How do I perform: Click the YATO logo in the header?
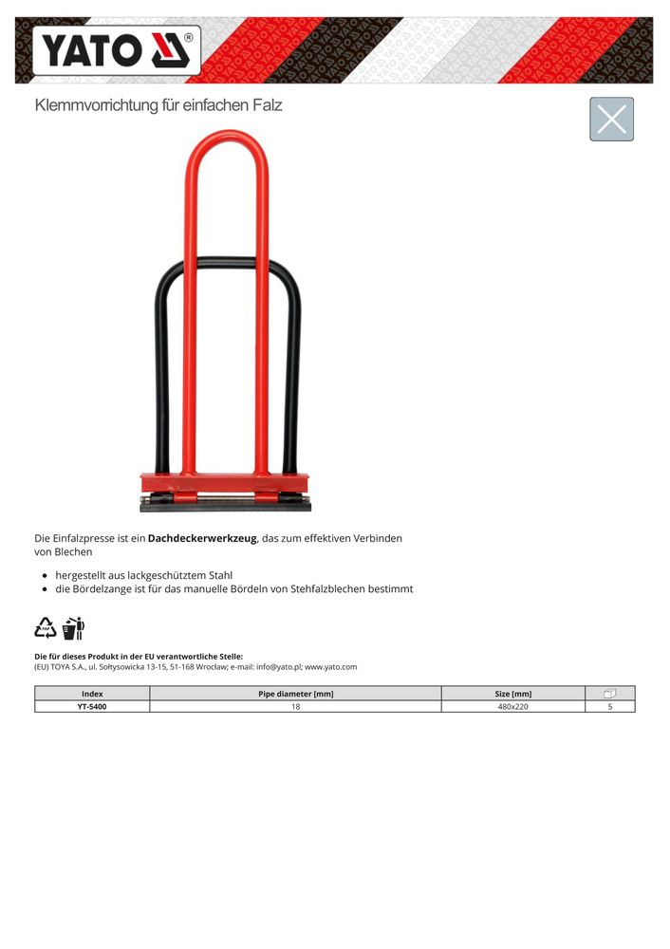[117, 49]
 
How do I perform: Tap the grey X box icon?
[611, 119]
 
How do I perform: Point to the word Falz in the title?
[266, 105]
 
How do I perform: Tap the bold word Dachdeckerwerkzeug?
[202, 538]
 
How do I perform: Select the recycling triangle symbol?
[46, 627]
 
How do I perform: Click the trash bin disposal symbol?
[73, 627]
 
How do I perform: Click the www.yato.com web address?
[331, 667]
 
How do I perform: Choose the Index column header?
[92, 694]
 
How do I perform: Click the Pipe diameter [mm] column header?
[295, 694]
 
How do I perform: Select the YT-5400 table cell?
[92, 706]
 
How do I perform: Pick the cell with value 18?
[295, 706]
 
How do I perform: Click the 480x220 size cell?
[512, 706]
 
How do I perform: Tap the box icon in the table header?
[610, 694]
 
